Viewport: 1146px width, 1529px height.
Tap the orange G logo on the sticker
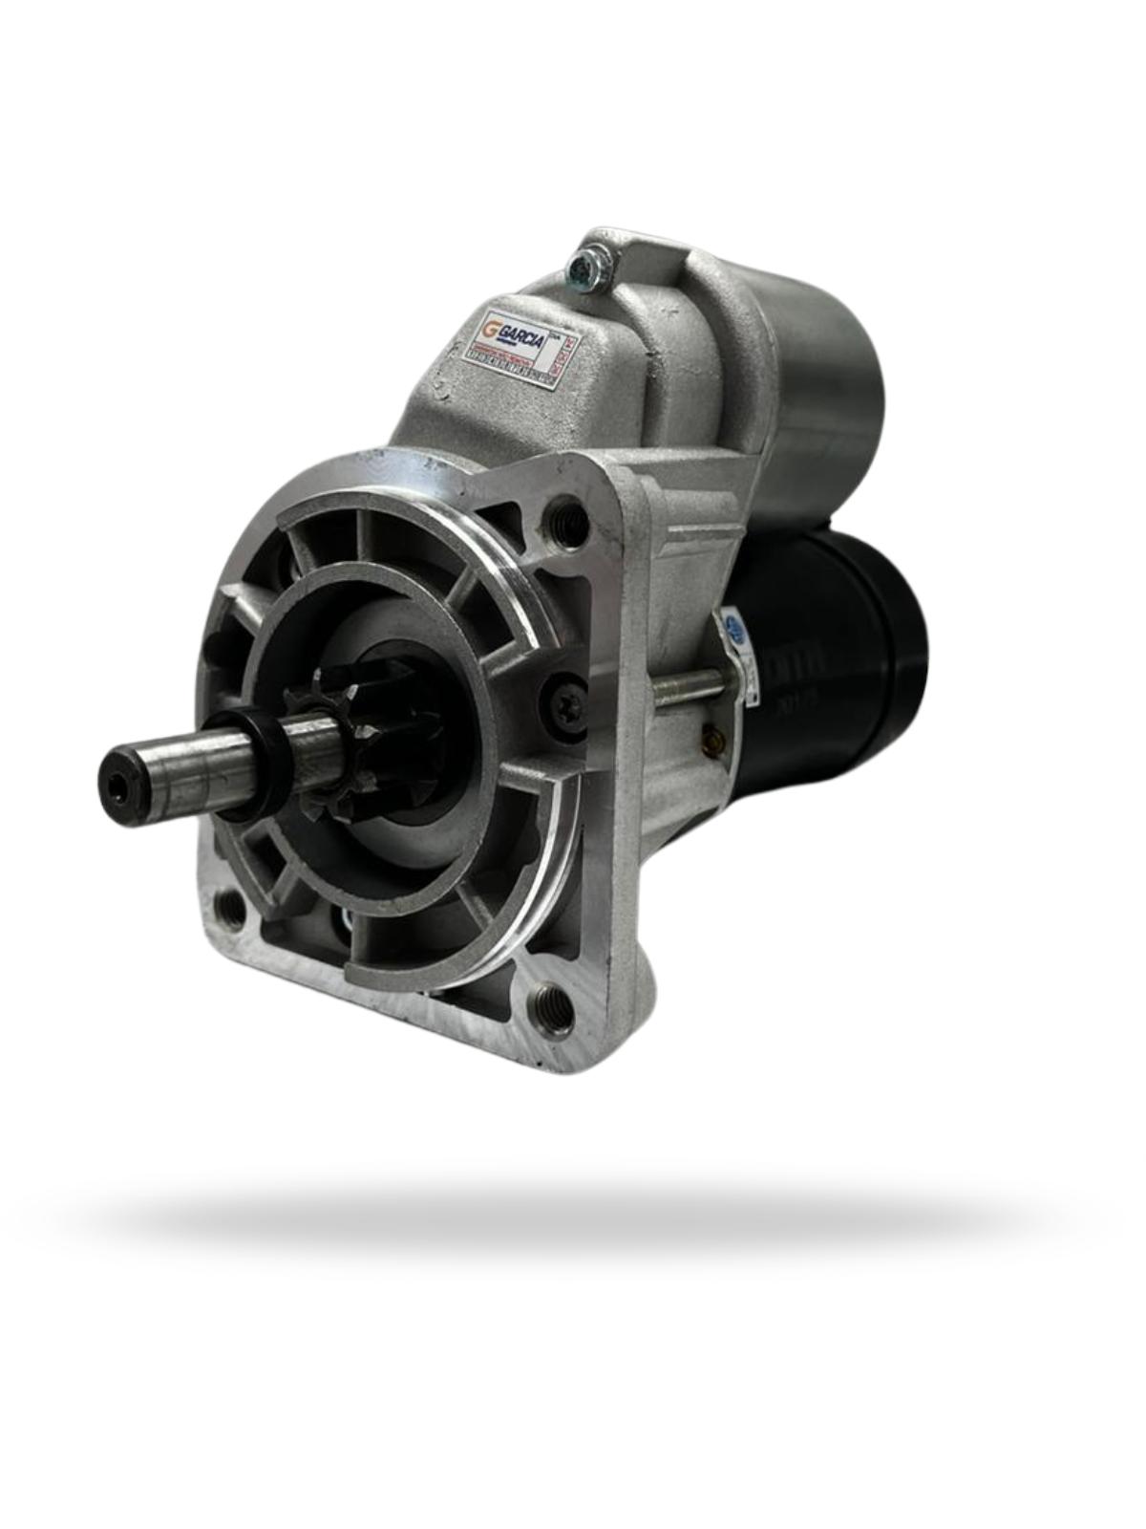[x=490, y=328]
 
